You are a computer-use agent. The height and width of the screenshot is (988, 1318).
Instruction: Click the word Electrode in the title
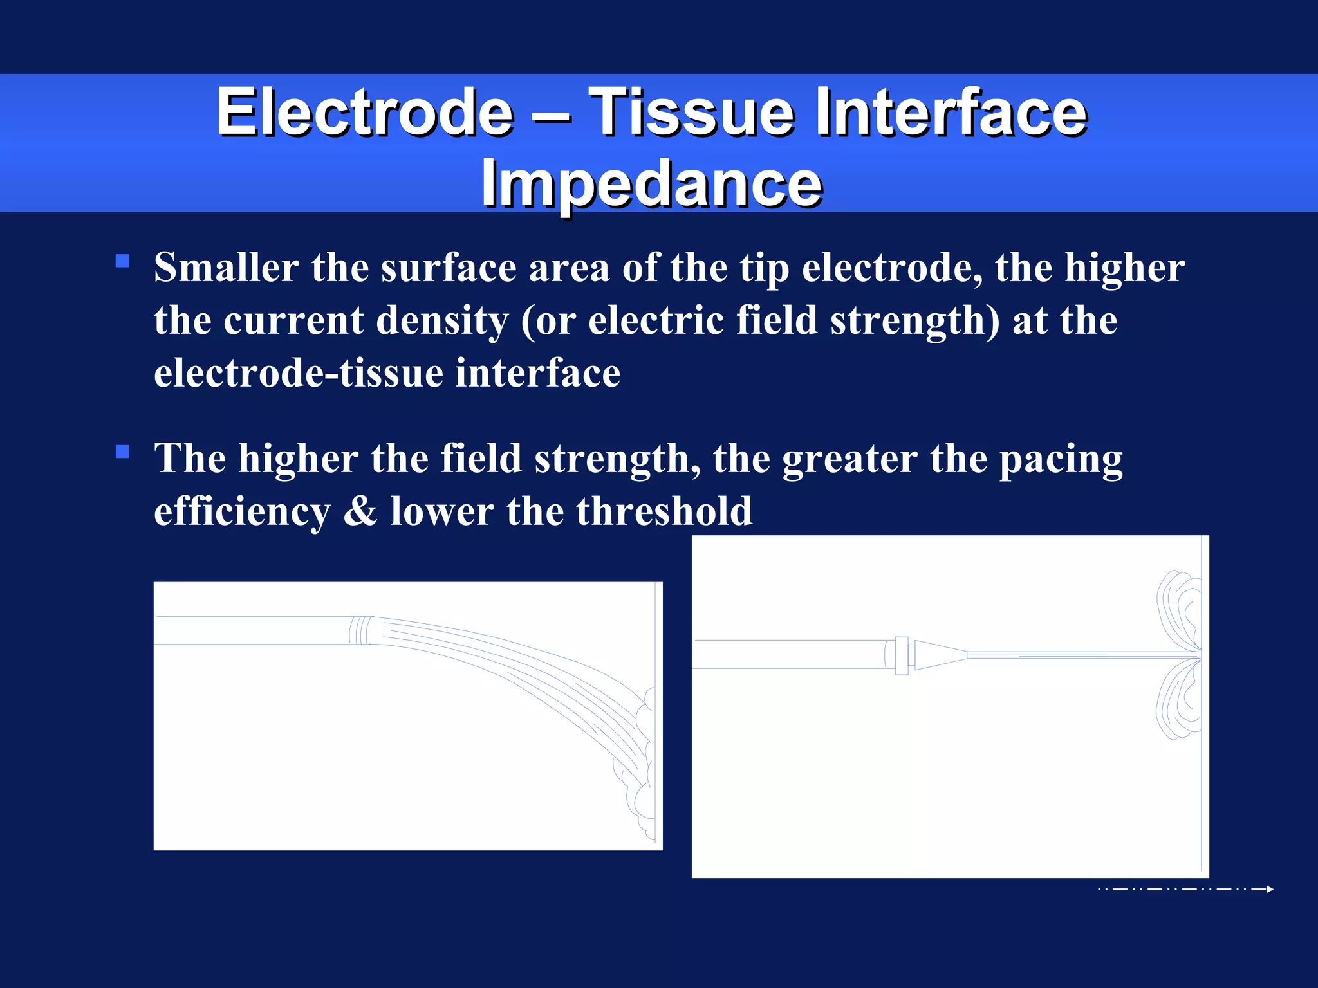click(x=365, y=113)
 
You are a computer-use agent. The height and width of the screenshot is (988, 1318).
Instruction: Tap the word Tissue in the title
click(x=692, y=113)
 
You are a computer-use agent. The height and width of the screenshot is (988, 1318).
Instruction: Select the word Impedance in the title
click(x=651, y=183)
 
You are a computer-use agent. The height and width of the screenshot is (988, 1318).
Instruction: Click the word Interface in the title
click(x=951, y=113)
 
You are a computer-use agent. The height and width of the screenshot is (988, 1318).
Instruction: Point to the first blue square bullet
click(x=122, y=261)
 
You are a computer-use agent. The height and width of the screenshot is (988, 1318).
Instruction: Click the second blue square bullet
click(x=122, y=452)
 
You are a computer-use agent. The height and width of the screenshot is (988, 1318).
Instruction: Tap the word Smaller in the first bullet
click(x=226, y=268)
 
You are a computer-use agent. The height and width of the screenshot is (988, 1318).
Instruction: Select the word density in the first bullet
click(x=441, y=320)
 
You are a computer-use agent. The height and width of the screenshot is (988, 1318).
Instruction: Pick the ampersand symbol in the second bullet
click(x=360, y=511)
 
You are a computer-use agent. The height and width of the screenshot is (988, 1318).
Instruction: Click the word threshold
click(x=664, y=511)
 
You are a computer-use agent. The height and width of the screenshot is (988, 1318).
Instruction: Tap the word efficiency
click(x=242, y=511)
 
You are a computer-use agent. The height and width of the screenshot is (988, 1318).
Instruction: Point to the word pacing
click(x=1061, y=459)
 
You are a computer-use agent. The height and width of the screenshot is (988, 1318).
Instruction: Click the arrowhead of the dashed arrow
click(x=1269, y=889)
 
